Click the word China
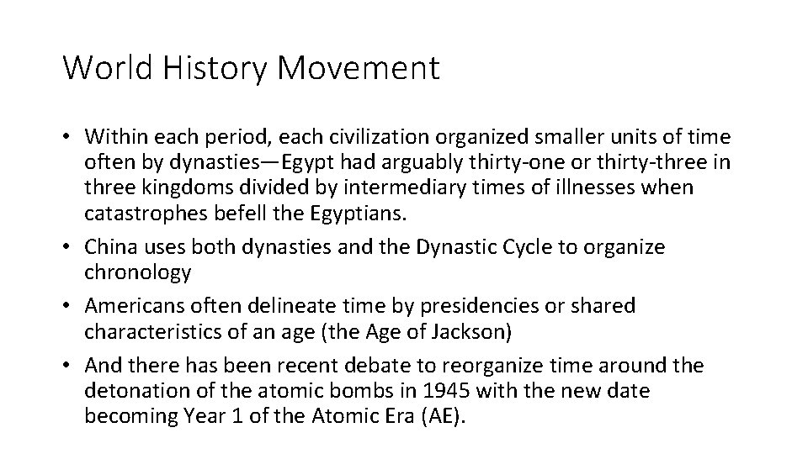tap(112, 247)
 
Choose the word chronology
tap(138, 272)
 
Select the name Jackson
tap(470, 331)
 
